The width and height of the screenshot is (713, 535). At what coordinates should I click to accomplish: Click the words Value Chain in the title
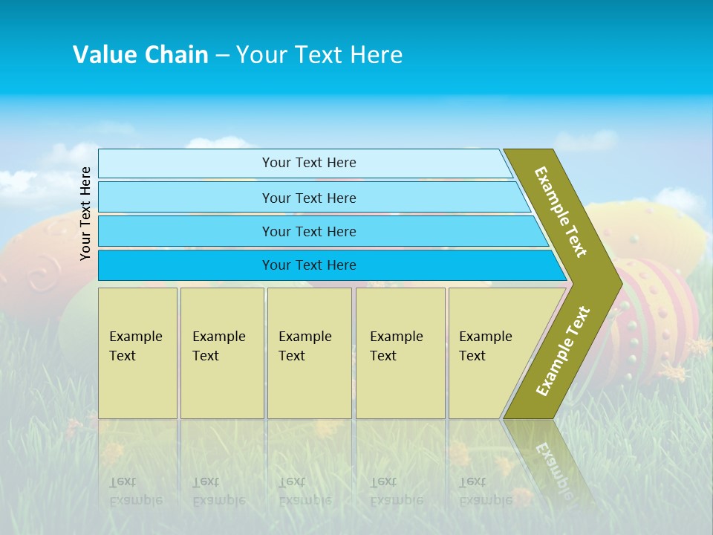tap(140, 54)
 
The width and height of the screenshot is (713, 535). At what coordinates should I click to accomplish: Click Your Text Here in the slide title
tap(319, 54)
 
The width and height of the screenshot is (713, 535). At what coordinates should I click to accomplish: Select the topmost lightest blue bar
tap(308, 163)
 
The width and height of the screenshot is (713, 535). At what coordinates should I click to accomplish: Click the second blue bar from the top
tap(308, 198)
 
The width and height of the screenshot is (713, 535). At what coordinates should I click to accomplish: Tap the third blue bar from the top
tap(308, 231)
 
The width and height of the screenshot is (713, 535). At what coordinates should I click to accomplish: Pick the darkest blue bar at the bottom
tap(308, 265)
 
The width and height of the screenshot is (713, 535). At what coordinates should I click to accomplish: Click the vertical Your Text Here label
tap(85, 213)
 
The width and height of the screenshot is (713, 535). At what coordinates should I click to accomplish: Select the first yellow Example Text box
tap(137, 353)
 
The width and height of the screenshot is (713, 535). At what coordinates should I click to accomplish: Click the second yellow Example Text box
tap(221, 353)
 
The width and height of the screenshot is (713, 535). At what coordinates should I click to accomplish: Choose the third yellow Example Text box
tap(308, 353)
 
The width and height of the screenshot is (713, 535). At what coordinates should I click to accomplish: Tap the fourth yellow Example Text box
tap(400, 353)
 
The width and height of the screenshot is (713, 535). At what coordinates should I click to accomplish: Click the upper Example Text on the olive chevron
tap(561, 212)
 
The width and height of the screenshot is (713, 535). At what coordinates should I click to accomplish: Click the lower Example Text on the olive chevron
tap(562, 351)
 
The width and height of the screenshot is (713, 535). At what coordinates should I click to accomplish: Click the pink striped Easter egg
tap(657, 312)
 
